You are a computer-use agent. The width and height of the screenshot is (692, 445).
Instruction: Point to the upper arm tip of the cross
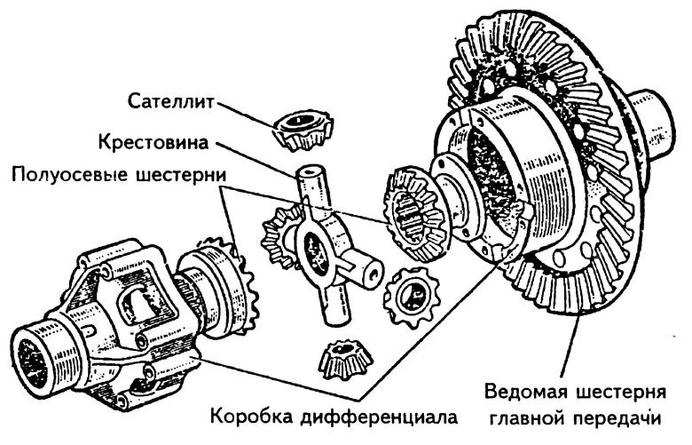307,175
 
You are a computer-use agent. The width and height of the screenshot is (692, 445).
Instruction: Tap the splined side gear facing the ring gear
413,214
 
